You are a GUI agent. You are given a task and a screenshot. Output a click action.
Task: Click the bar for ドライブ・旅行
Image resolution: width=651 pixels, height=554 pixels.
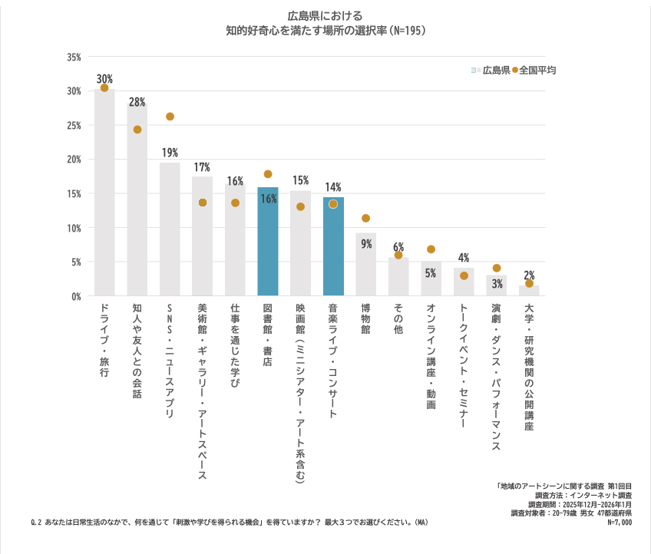click(104, 192)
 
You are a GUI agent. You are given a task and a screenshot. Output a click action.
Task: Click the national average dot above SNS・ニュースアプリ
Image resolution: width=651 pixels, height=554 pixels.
click(170, 117)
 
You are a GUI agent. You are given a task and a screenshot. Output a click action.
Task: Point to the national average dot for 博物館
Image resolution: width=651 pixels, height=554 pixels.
click(365, 219)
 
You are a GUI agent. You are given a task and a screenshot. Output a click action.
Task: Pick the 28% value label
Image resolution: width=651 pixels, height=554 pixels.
click(137, 102)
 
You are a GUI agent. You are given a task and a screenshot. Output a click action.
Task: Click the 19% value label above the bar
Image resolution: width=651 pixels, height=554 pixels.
click(170, 152)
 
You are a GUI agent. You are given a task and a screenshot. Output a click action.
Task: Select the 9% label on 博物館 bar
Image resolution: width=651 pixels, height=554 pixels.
click(366, 244)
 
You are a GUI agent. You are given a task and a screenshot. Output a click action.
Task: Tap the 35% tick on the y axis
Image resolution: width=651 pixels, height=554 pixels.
click(74, 58)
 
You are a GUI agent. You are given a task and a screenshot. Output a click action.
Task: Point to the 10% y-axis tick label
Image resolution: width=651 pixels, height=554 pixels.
click(74, 228)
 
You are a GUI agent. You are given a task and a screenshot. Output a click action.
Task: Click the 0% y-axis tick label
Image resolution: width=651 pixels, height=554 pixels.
click(76, 296)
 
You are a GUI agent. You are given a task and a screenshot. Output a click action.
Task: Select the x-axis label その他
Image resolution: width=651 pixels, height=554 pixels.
click(398, 318)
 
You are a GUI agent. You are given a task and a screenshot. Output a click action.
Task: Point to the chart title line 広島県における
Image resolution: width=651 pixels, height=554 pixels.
click(325, 15)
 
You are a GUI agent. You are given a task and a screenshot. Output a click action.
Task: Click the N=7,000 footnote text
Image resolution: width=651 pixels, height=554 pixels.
click(619, 522)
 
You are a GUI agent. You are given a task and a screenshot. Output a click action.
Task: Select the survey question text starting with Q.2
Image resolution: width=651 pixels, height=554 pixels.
click(229, 522)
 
